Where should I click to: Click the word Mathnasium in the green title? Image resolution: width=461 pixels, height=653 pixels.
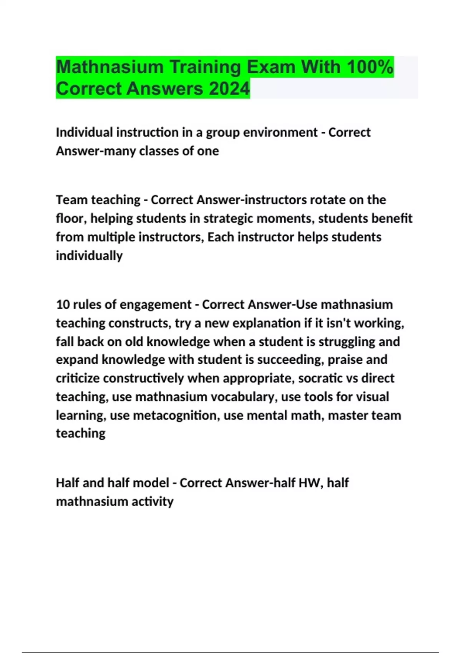pyautogui.click(x=110, y=67)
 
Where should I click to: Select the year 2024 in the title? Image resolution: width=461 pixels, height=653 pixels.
pyautogui.click(x=229, y=89)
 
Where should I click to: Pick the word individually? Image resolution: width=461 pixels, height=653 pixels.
pyautogui.click(x=89, y=256)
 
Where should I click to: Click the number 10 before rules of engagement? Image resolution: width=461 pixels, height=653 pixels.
pyautogui.click(x=63, y=305)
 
